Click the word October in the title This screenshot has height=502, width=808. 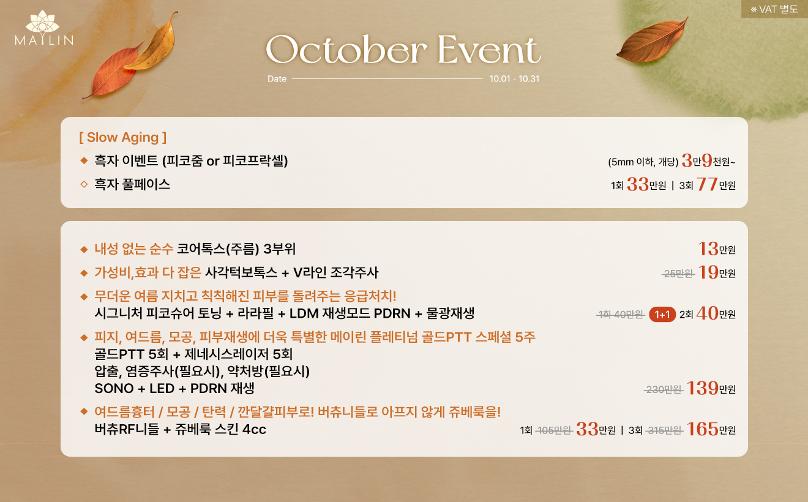[x=346, y=50]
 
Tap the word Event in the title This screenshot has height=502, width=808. [x=489, y=50]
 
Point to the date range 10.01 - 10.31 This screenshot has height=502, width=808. [x=514, y=78]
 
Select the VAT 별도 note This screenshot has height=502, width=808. [x=774, y=9]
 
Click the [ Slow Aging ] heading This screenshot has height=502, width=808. [x=123, y=137]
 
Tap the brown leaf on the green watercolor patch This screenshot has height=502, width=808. [x=651, y=41]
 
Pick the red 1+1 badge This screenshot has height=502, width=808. [x=662, y=315]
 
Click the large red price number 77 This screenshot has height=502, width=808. [x=707, y=184]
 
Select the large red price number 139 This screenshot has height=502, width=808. [x=702, y=388]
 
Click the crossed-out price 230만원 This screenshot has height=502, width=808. [x=664, y=390]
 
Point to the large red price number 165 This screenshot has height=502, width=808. [x=702, y=429]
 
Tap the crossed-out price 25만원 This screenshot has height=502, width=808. [x=678, y=274]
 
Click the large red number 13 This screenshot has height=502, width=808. [x=708, y=249]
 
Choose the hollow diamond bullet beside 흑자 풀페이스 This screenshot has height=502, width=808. [x=84, y=184]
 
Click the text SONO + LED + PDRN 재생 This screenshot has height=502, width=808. [x=174, y=388]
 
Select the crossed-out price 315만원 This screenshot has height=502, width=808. [x=664, y=430]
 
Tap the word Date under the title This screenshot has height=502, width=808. [x=277, y=78]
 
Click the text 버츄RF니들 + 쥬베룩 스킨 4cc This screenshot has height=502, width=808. [x=181, y=430]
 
